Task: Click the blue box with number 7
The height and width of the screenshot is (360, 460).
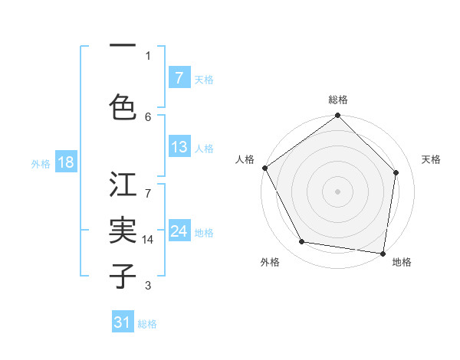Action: [x=179, y=78]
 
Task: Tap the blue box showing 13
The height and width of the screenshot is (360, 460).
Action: [x=179, y=147]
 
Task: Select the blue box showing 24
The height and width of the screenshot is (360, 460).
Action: [x=179, y=231]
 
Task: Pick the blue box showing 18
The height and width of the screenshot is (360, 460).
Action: [x=65, y=162]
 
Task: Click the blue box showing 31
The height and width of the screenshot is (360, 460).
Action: [x=123, y=322]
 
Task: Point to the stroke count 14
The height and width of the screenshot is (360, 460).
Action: [x=149, y=240]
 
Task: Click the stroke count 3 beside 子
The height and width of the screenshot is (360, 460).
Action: [x=148, y=286]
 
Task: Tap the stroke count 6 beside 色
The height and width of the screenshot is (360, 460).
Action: [x=148, y=116]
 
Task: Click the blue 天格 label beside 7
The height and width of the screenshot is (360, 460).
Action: [x=204, y=79]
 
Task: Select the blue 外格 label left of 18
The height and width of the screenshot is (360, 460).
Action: [x=41, y=163]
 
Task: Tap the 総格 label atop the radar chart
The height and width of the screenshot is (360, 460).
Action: [x=337, y=100]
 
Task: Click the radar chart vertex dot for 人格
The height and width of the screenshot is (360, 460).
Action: [x=264, y=168]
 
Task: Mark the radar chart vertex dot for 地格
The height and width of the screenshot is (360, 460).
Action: [x=383, y=253]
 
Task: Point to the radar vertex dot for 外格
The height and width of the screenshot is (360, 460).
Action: [x=302, y=242]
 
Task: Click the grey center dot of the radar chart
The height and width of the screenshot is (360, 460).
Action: [x=337, y=191]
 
